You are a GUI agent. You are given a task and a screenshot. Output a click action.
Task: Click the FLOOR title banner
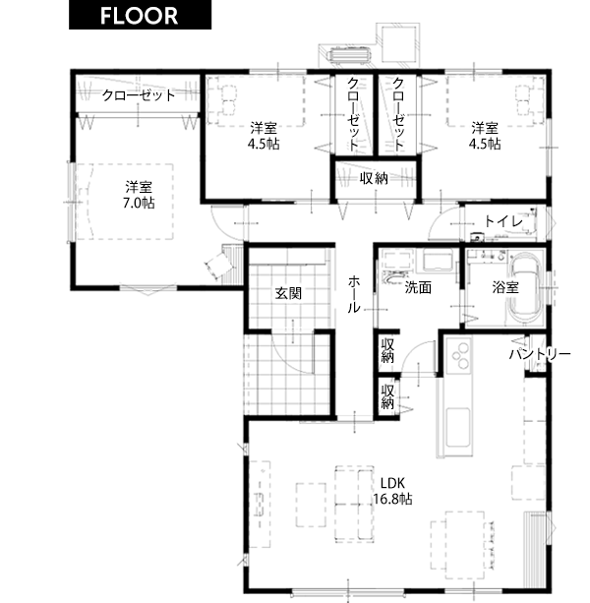pyautogui.click(x=140, y=15)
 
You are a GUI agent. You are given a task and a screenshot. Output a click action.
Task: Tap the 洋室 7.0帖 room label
pyautogui.click(x=139, y=195)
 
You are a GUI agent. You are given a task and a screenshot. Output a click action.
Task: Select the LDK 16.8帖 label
pyautogui.click(x=392, y=491)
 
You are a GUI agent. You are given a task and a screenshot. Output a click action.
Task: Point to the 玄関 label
pyautogui.click(x=288, y=294)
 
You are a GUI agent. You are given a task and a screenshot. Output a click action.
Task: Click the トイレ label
pyautogui.click(x=503, y=221)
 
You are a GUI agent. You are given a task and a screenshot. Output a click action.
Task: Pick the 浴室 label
pyautogui.click(x=505, y=287)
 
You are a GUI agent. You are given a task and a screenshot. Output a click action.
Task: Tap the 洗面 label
pyautogui.click(x=418, y=287)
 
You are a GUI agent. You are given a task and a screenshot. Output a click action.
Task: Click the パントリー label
pyautogui.click(x=540, y=354)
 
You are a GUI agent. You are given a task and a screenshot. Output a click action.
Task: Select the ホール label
pyautogui.click(x=354, y=294)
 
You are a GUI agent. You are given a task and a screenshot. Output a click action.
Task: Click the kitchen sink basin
pyautogui.click(x=457, y=427)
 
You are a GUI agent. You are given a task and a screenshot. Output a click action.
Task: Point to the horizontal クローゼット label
pyautogui.click(x=139, y=95)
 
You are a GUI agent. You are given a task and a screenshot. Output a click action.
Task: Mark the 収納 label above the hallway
pyautogui.click(x=374, y=178)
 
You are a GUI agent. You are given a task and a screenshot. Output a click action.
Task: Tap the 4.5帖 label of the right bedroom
pyautogui.click(x=485, y=144)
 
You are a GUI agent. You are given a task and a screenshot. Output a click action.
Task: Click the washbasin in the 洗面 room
pyautogui.click(x=393, y=276)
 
